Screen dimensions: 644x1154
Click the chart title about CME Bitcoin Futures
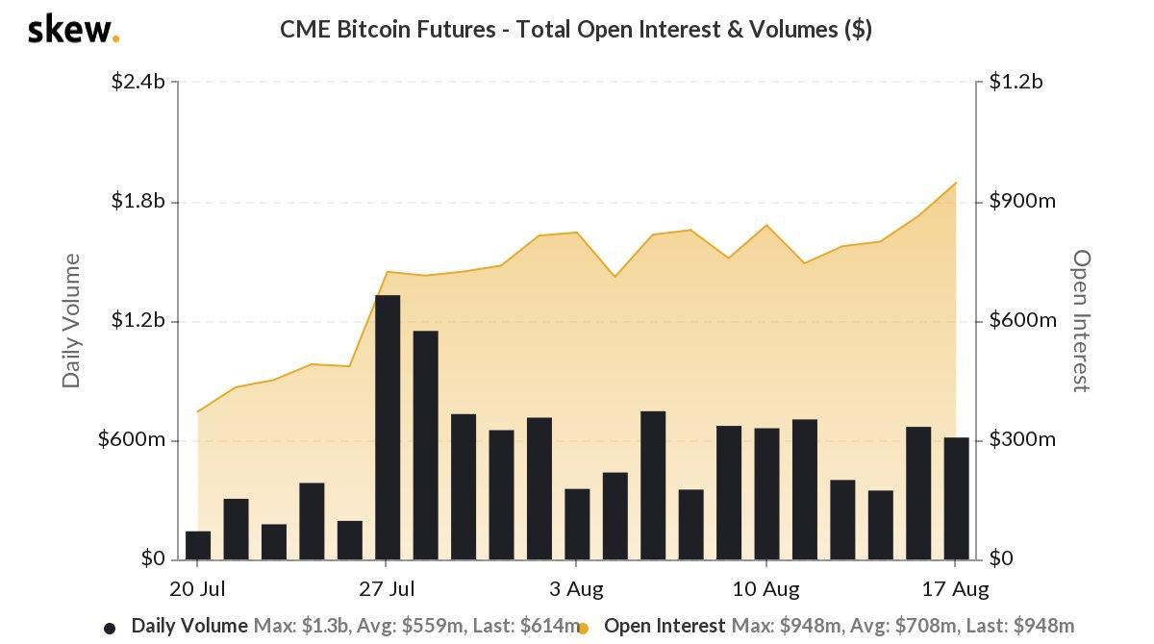576,30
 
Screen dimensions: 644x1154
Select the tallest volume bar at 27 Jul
388,427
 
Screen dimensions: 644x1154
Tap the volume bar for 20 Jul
198,545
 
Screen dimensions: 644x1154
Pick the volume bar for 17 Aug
956,498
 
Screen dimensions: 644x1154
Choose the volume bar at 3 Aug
577,524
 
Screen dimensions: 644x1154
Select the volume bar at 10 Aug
766,493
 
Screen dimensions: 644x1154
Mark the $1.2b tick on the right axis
1016,82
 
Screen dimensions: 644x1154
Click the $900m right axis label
1022,201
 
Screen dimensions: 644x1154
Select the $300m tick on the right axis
1022,440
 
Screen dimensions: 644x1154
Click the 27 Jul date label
387,587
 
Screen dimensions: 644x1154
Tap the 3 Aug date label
576,587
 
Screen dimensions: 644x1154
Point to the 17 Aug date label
955,587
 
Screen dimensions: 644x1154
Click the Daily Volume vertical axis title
71,320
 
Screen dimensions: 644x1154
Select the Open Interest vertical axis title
1082,320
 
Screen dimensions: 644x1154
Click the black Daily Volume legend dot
110,628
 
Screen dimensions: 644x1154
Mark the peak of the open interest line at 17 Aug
956,183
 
